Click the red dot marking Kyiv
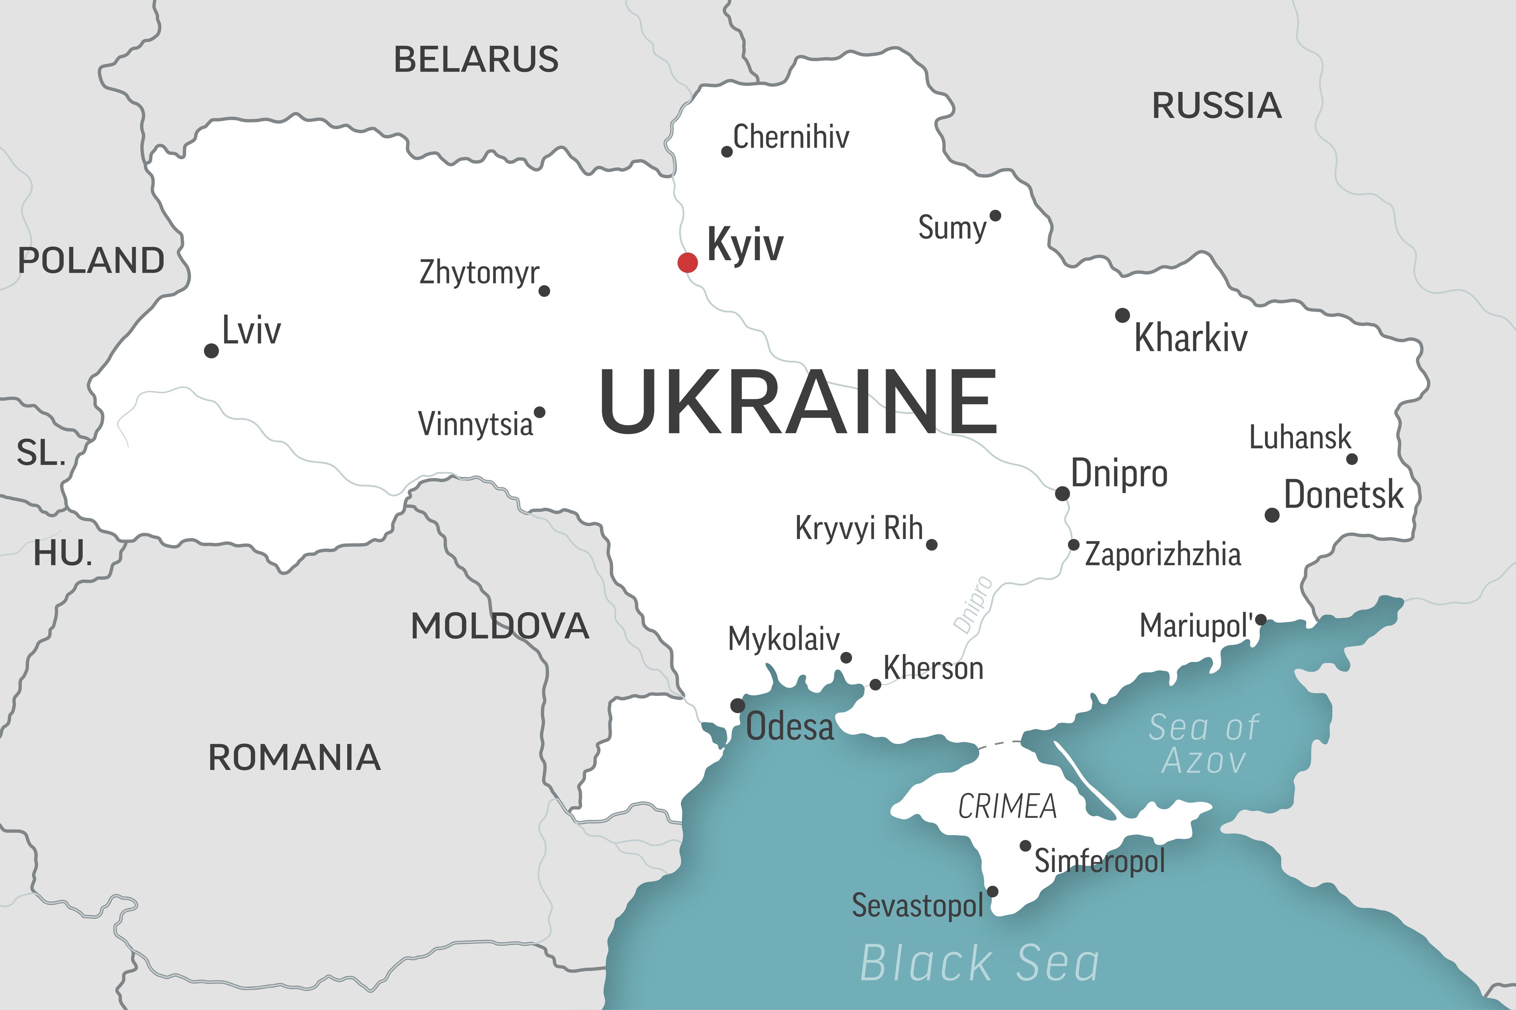click(x=688, y=262)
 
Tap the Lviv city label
click(x=251, y=331)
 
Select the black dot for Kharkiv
click(x=1122, y=315)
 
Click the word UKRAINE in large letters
click(x=798, y=401)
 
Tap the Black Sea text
click(x=980, y=963)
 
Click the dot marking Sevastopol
click(x=993, y=892)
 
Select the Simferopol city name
click(x=1100, y=861)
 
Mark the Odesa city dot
click(x=737, y=705)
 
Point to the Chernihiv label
click(x=791, y=136)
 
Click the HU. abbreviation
click(x=62, y=553)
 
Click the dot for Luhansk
click(x=1352, y=459)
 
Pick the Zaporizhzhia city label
click(x=1163, y=554)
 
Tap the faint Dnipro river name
click(x=973, y=604)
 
